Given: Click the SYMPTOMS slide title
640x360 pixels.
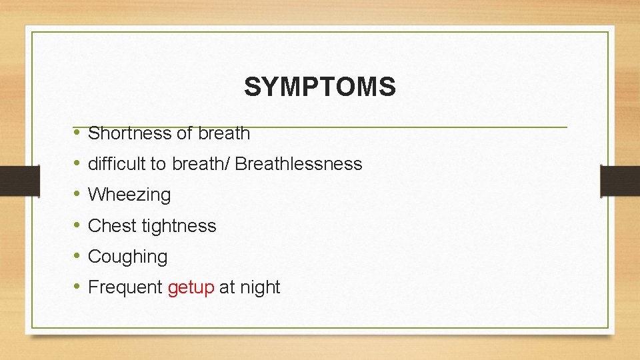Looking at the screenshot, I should point(319,87).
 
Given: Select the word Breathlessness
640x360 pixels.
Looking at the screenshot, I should point(299,164).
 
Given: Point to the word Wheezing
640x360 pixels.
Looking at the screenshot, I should point(129,195).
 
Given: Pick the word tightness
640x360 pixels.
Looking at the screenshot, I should point(179,226).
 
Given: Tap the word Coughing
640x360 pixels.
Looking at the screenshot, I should point(127,257).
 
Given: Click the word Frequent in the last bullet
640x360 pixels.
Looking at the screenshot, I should point(125,287).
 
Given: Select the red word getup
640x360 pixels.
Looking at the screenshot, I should point(191,288).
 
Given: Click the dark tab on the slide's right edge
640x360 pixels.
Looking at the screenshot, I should point(620,181).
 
